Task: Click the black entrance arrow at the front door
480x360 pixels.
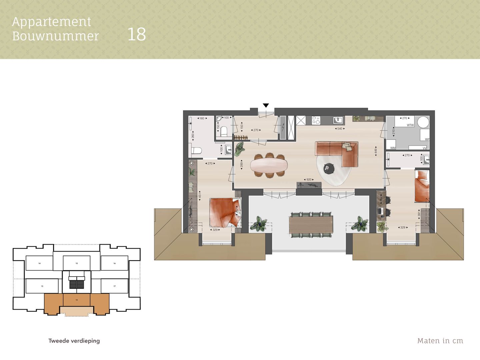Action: point(266,105)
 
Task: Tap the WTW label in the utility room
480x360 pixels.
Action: point(410,125)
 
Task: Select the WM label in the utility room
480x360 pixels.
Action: point(393,148)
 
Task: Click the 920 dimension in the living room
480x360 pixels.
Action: point(309,179)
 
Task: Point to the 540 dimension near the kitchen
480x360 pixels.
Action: point(339,128)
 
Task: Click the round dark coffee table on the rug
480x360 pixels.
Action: point(328,168)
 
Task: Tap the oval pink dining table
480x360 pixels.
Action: point(269,165)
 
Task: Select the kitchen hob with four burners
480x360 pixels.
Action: point(316,120)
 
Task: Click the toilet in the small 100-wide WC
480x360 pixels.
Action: point(224,131)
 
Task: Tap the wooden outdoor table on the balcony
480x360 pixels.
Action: point(311,225)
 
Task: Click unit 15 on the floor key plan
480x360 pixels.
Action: point(76,263)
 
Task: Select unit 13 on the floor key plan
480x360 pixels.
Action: point(42,286)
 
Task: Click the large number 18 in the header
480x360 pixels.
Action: point(137,34)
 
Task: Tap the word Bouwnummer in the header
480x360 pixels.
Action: point(55,36)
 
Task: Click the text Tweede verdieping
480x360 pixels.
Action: point(74,341)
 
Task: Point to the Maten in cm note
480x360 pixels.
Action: point(440,341)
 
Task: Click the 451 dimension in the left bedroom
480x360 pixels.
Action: point(200,195)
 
